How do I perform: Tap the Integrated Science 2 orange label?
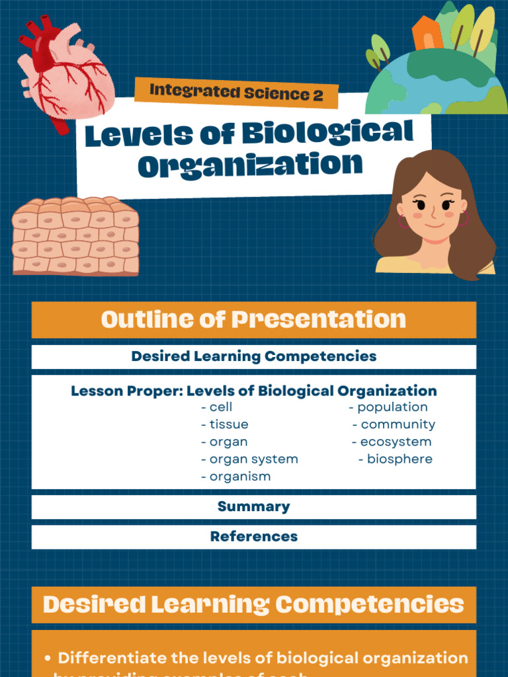coord(236,93)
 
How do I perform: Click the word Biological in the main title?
coord(327,133)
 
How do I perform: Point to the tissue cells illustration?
coord(75,236)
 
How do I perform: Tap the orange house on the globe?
coord(427,34)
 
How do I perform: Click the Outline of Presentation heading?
coord(253,320)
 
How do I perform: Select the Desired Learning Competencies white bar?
coord(253,356)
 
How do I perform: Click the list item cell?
coord(220,407)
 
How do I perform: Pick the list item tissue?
coord(228,424)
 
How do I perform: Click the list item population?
coord(392,407)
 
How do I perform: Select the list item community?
coord(397,424)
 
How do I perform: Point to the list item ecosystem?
coord(395,442)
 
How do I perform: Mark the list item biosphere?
coord(399,459)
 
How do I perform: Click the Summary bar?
coord(253,507)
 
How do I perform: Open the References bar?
coord(253,537)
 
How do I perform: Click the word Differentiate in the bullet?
coord(108,658)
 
